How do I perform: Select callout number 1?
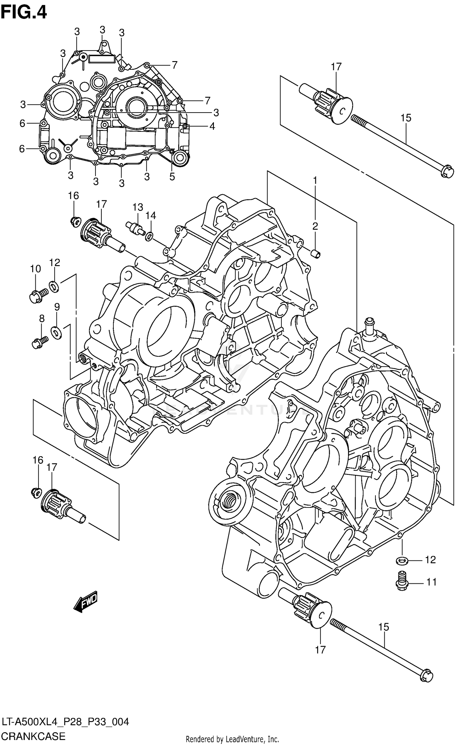315,180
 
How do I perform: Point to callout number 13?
138,207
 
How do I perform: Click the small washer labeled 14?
149,237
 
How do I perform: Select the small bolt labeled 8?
39,342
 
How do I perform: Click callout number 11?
431,582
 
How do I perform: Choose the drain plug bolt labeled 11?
402,581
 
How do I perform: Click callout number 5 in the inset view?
172,176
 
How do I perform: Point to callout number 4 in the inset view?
212,126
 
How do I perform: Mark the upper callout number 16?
73,196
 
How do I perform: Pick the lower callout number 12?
430,560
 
